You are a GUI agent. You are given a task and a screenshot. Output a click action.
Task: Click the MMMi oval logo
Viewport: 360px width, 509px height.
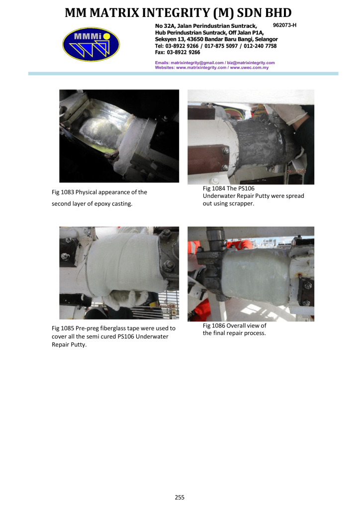pyautogui.click(x=91, y=44)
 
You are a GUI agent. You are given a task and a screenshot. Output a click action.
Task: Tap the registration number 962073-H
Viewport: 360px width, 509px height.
pyautogui.click(x=285, y=25)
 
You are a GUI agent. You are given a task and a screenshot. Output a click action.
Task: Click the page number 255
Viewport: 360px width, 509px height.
pyautogui.click(x=180, y=497)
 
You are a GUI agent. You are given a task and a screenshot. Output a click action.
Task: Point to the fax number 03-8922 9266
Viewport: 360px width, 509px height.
pyautogui.click(x=183, y=52)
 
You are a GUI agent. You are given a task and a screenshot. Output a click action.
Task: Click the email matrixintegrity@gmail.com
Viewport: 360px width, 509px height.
pyautogui.click(x=197, y=63)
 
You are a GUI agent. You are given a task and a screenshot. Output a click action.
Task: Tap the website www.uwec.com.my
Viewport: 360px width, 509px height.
pyautogui.click(x=249, y=68)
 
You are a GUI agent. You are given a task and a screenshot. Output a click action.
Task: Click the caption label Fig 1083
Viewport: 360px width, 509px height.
pyautogui.click(x=63, y=192)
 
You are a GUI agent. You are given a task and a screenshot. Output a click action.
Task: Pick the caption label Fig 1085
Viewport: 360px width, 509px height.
pyautogui.click(x=63, y=328)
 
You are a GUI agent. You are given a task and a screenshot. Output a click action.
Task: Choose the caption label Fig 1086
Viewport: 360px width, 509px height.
pyautogui.click(x=214, y=326)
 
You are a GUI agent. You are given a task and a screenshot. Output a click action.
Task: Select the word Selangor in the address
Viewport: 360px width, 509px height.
pyautogui.click(x=266, y=39)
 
